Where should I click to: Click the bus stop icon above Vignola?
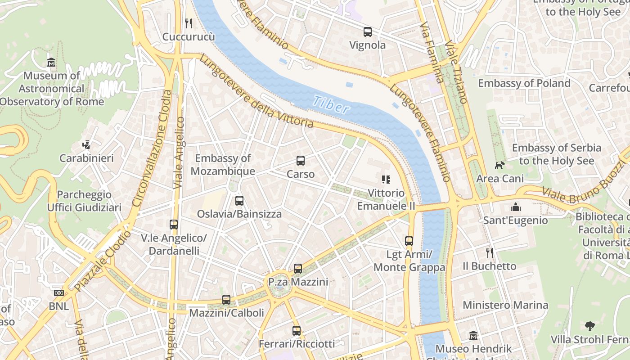pos(368,32)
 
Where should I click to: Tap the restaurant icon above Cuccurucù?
pos(189,23)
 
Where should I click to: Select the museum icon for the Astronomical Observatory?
pos(51,62)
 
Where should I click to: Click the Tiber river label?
pos(331,105)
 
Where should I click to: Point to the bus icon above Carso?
pos(301,161)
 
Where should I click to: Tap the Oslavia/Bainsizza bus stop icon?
pos(239,201)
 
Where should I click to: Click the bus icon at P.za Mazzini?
pos(298,269)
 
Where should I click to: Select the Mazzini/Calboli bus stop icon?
pos(226,300)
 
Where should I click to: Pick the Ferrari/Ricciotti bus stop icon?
pos(297,331)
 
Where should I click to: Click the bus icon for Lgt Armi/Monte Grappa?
pos(409,241)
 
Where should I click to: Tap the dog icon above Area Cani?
pos(499,165)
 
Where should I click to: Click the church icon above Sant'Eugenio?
pos(516,207)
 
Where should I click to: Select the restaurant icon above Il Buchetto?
pos(490,253)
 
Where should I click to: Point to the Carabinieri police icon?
pos(86,145)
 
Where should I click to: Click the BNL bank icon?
pos(58,293)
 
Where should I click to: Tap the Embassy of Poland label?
pos(524,83)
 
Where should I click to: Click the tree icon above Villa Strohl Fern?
pos(589,326)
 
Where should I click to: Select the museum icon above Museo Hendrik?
pos(473,336)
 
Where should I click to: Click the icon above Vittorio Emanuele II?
pos(386,180)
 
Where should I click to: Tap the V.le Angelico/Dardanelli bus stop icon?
pos(174,224)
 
